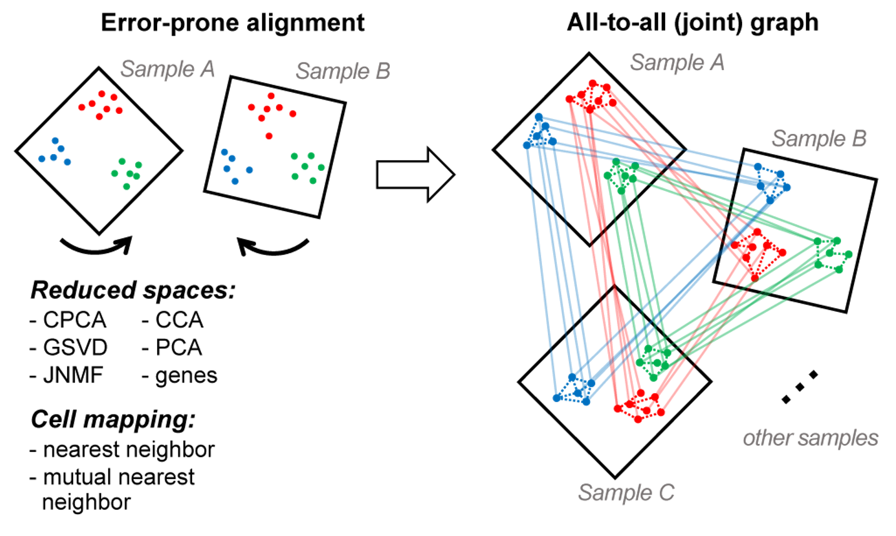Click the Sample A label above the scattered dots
[x=167, y=69]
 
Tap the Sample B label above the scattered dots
[x=343, y=71]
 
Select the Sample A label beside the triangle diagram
[x=677, y=63]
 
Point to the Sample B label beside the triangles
[x=818, y=138]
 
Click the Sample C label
[x=626, y=493]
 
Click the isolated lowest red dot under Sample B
[x=269, y=136]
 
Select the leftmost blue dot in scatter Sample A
[x=41, y=159]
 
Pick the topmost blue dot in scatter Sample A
[x=55, y=140]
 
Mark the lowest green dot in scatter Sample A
[x=126, y=187]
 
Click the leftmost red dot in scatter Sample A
[x=82, y=107]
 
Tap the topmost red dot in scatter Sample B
[x=271, y=95]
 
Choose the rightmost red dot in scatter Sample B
[x=292, y=114]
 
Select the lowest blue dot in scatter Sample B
[x=235, y=182]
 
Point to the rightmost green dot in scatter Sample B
[x=322, y=167]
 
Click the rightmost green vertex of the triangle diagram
[x=849, y=254]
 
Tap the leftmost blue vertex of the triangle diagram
[x=526, y=145]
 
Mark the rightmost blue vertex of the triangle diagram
[x=788, y=187]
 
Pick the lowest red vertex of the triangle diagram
[x=638, y=420]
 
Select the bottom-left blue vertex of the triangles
[x=556, y=398]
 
